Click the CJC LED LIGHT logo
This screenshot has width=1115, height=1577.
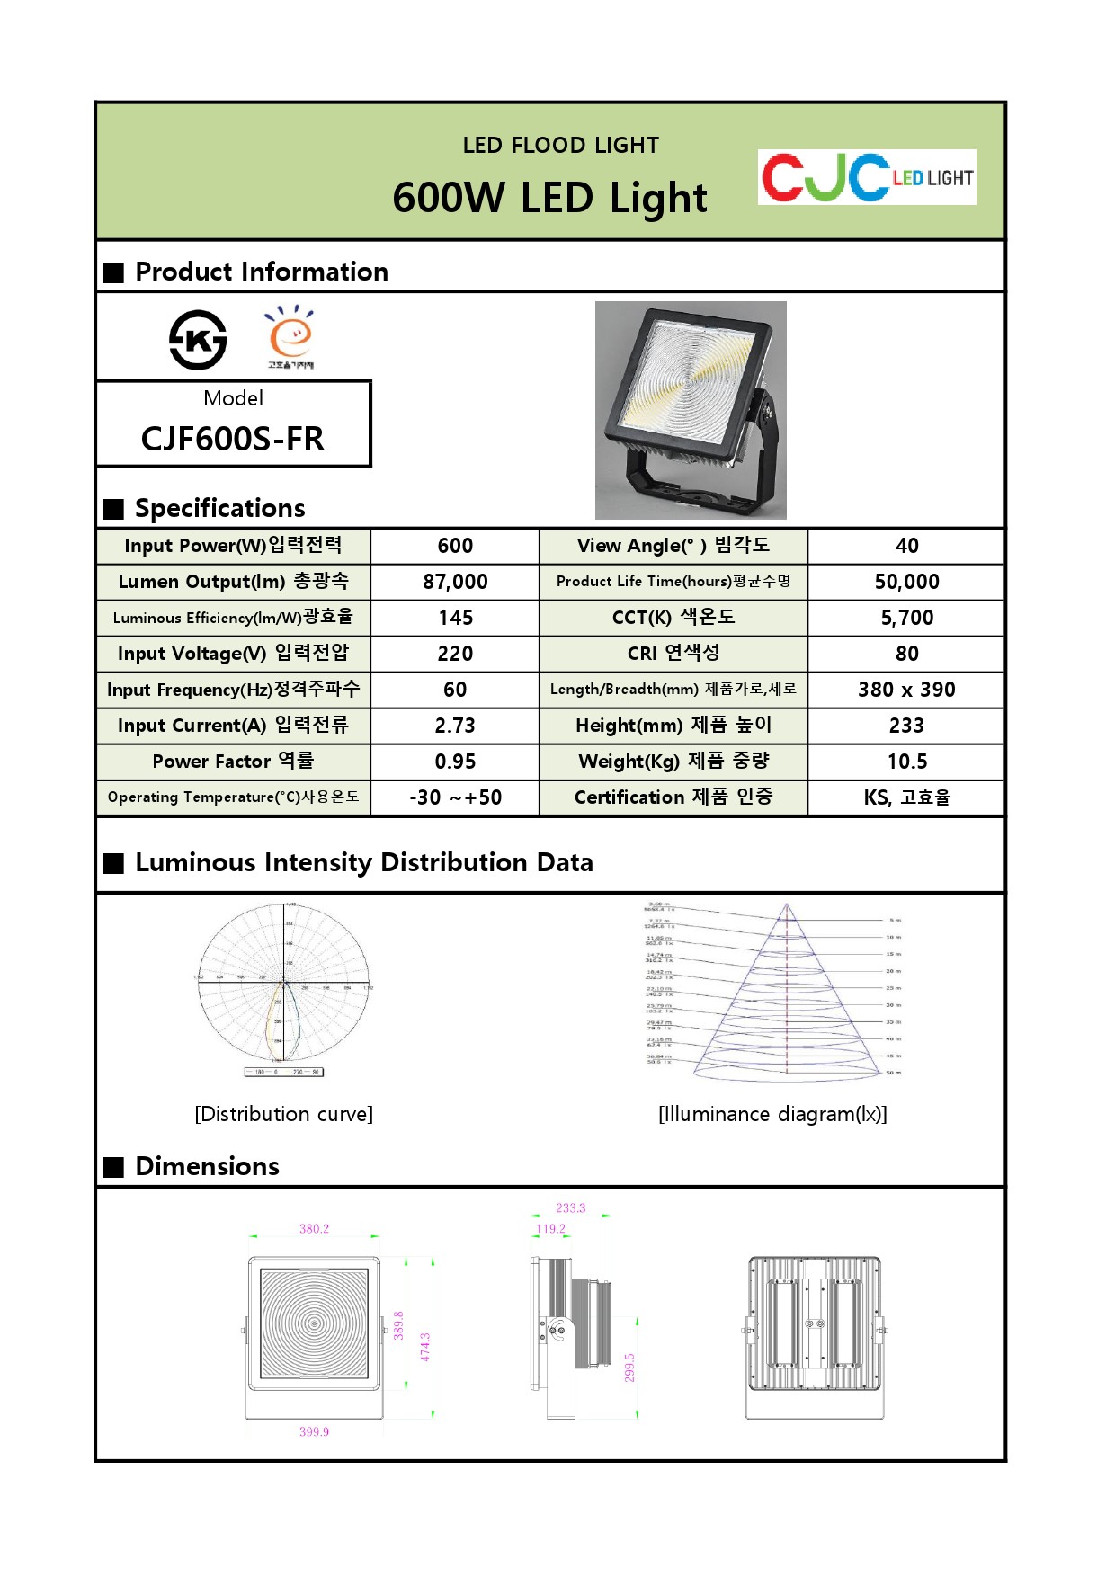866,177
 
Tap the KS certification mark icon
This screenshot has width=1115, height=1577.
198,340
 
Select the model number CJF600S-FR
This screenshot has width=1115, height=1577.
233,439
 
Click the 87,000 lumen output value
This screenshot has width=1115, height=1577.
455,582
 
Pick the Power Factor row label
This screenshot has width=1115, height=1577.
233,762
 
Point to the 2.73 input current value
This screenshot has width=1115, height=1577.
455,726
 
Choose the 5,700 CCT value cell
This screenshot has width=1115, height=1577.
906,618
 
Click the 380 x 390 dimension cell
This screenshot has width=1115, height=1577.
906,690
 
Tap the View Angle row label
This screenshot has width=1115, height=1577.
673,546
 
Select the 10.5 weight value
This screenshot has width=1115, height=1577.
906,762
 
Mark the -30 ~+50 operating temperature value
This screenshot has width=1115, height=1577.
455,797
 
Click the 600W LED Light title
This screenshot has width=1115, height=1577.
549,198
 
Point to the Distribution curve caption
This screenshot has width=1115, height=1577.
283,1114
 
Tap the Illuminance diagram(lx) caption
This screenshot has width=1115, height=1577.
772,1114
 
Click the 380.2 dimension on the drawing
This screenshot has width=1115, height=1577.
314,1228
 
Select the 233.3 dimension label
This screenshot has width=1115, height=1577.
570,1207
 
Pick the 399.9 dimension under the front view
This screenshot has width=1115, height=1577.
314,1431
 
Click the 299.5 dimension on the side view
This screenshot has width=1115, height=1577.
629,1368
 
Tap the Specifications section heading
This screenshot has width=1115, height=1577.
219,508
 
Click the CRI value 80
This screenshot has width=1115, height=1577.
906,654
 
